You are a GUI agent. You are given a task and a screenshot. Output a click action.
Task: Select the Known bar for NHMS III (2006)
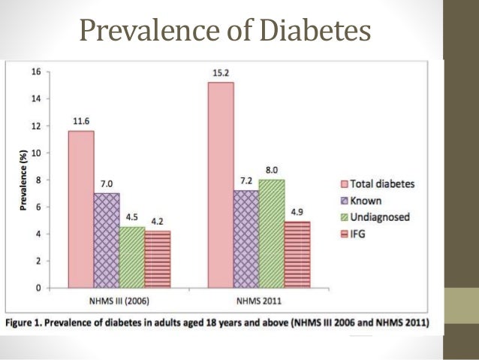(x=106, y=241)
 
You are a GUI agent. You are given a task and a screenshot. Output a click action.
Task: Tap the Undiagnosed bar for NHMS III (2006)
(x=131, y=257)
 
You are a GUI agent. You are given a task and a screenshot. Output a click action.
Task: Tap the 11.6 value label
(x=81, y=123)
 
